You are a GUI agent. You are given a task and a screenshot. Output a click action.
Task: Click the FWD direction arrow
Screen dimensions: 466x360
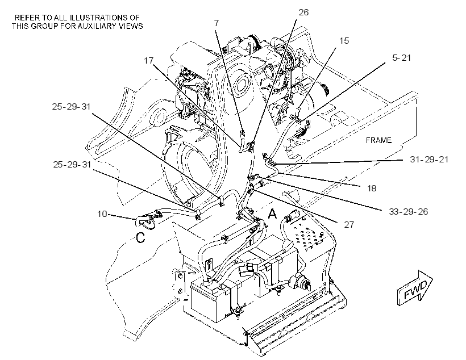tap(415, 288)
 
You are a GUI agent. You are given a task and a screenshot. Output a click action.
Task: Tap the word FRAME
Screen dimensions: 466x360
tap(378, 140)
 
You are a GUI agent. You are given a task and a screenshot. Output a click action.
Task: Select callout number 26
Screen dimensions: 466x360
tap(303, 12)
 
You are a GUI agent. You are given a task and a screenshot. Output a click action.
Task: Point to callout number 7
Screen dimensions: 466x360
tap(216, 23)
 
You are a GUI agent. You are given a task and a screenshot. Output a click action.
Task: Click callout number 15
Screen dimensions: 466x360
tap(344, 41)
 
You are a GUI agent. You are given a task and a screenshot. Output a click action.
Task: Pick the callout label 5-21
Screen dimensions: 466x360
tap(402, 57)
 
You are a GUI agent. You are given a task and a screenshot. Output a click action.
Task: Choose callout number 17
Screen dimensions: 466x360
tap(148, 60)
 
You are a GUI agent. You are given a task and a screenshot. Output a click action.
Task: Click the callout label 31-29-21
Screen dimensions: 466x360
tap(429, 160)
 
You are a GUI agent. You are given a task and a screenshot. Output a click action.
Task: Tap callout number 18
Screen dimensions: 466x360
tap(372, 188)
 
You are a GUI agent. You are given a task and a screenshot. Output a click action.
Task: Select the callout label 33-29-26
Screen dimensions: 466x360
tap(409, 211)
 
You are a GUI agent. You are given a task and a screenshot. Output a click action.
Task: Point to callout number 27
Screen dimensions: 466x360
tap(349, 224)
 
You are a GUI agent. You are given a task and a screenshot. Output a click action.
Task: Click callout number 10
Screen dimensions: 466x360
tap(102, 214)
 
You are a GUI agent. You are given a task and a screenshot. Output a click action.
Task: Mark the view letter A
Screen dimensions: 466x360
tap(272, 214)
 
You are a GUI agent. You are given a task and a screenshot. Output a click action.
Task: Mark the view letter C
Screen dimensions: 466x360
tap(140, 237)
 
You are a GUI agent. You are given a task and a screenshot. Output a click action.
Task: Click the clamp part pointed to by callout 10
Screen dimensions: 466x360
tap(148, 219)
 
